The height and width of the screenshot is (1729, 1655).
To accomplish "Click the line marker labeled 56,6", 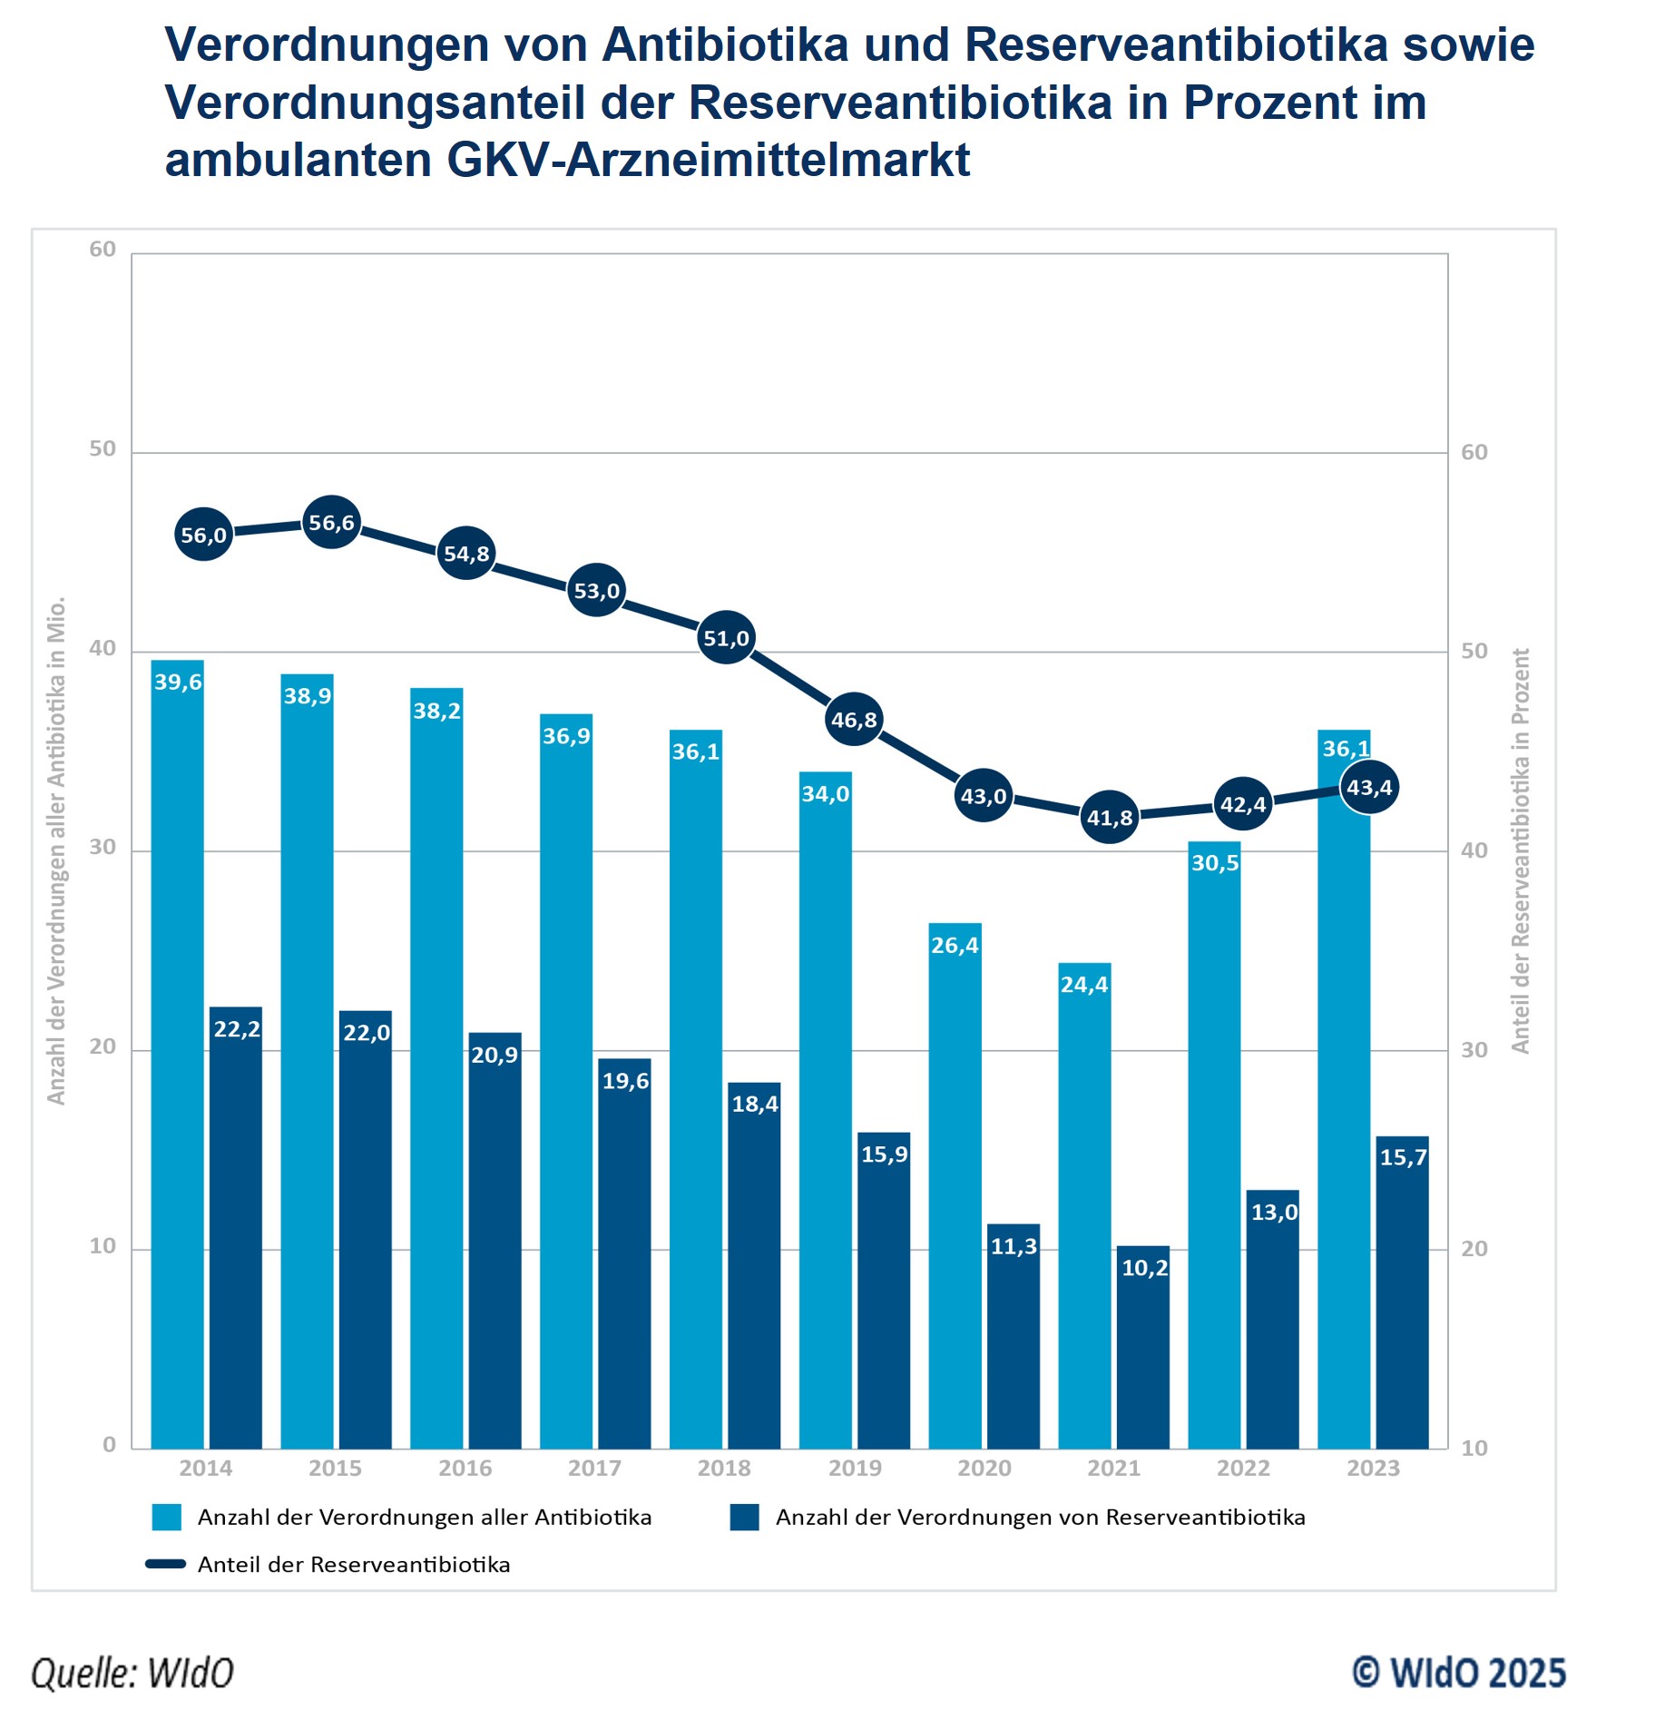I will pyautogui.click(x=331, y=523).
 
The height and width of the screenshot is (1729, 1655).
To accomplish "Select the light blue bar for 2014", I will pyautogui.click(x=177, y=1053).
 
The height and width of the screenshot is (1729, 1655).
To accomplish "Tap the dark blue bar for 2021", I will pyautogui.click(x=1142, y=1347).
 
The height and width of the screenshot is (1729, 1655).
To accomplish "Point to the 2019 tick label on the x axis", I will pyautogui.click(x=854, y=1468).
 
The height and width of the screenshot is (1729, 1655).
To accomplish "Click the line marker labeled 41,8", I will pyautogui.click(x=1110, y=818).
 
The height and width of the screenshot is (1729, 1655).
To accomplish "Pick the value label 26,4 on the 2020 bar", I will pyautogui.click(x=955, y=945).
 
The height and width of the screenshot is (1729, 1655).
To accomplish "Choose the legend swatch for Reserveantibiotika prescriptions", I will pyautogui.click(x=744, y=1518).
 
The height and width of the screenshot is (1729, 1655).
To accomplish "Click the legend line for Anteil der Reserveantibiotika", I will pyautogui.click(x=166, y=1564).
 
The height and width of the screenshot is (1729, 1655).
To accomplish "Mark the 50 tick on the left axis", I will pyautogui.click(x=103, y=449).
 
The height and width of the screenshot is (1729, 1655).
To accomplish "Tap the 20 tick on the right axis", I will pyautogui.click(x=1474, y=1249).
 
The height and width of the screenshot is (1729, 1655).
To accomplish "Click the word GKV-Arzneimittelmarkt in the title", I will pyautogui.click(x=708, y=160).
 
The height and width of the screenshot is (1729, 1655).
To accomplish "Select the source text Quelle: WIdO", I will pyautogui.click(x=132, y=1673).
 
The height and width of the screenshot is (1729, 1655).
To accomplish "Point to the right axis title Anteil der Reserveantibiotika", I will pyautogui.click(x=1521, y=850).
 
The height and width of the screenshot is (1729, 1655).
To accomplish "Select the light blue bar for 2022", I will pyautogui.click(x=1214, y=1144).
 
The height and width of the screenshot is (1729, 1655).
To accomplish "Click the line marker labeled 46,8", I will pyautogui.click(x=854, y=720).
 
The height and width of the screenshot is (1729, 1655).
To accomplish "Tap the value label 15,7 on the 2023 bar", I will pyautogui.click(x=1403, y=1157).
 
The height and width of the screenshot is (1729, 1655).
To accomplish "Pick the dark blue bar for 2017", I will pyautogui.click(x=624, y=1253).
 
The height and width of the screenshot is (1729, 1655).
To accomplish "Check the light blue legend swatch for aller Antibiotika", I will pyautogui.click(x=167, y=1518).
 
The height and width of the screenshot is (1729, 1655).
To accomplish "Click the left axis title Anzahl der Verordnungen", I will pyautogui.click(x=56, y=850).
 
